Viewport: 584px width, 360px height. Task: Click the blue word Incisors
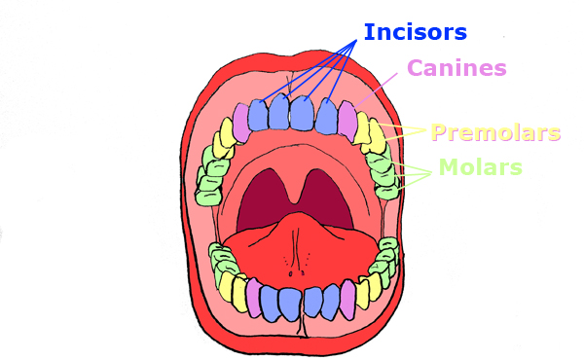click(416, 32)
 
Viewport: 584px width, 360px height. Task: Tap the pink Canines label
click(456, 68)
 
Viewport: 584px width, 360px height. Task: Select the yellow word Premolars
click(495, 132)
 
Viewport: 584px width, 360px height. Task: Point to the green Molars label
click(480, 167)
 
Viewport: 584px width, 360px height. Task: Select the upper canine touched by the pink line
click(347, 120)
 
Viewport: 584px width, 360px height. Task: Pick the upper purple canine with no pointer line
click(240, 120)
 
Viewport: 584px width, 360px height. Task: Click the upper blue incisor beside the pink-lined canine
click(327, 115)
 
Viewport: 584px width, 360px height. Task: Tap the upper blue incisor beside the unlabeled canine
click(259, 115)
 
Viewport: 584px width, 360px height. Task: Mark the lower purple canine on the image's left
click(253, 297)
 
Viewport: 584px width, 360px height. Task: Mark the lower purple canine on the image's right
click(347, 300)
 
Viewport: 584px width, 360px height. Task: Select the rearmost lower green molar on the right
click(388, 255)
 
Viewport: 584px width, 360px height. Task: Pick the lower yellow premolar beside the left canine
click(238, 291)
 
